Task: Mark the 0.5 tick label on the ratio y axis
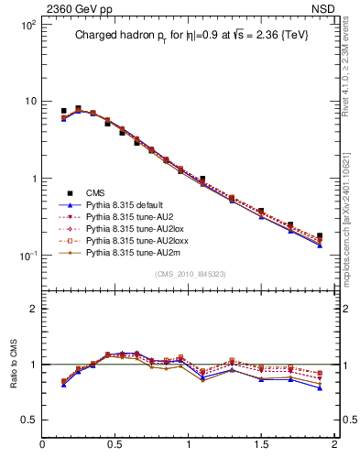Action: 28,420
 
